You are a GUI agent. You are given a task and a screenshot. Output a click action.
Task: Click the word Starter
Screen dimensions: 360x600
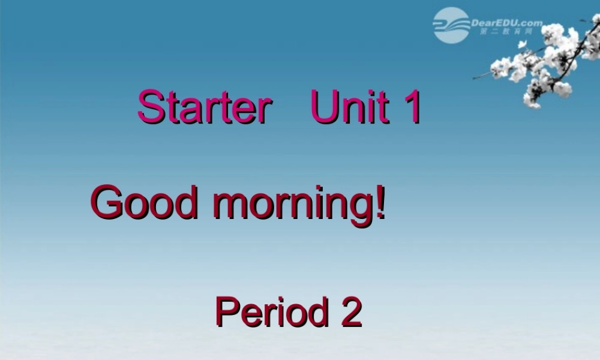pyautogui.click(x=202, y=107)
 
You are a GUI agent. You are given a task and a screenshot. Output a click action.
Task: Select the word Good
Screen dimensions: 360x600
pyautogui.click(x=143, y=203)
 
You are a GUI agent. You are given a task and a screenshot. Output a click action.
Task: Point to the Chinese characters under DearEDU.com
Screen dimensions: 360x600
pyautogui.click(x=506, y=32)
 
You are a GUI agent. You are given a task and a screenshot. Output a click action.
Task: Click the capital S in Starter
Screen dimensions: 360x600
pyautogui.click(x=150, y=107)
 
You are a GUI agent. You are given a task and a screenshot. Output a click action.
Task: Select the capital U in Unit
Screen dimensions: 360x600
pyautogui.click(x=323, y=107)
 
